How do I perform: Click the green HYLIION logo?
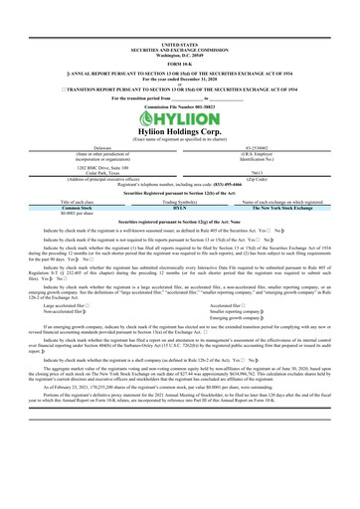[179, 102]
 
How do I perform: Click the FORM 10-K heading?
[179, 36]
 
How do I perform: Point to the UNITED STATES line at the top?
[179, 17]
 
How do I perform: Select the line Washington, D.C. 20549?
[179, 27]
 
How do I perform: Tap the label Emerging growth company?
[243, 288]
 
